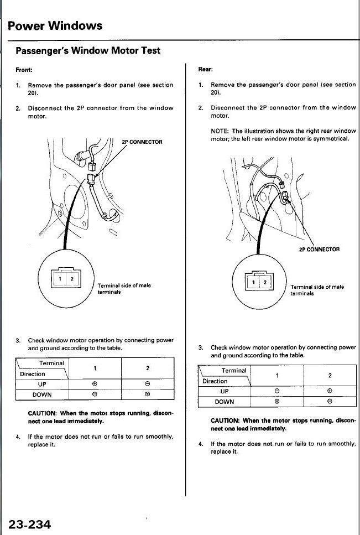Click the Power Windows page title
[55, 26]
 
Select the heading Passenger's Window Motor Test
[88, 51]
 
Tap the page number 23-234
[30, 524]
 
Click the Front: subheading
[24, 70]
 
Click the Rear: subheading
[206, 69]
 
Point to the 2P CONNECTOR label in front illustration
[142, 142]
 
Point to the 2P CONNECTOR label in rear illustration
[320, 250]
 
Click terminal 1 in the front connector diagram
[60, 279]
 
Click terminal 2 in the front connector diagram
[71, 279]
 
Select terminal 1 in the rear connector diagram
[253, 282]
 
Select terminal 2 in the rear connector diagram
[265, 282]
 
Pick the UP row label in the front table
[42, 384]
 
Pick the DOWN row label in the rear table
[225, 402]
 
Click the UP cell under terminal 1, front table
[95, 384]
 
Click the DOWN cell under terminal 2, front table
[147, 394]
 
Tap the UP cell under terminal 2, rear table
[330, 391]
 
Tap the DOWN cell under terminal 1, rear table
[277, 402]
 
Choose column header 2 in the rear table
[330, 376]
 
